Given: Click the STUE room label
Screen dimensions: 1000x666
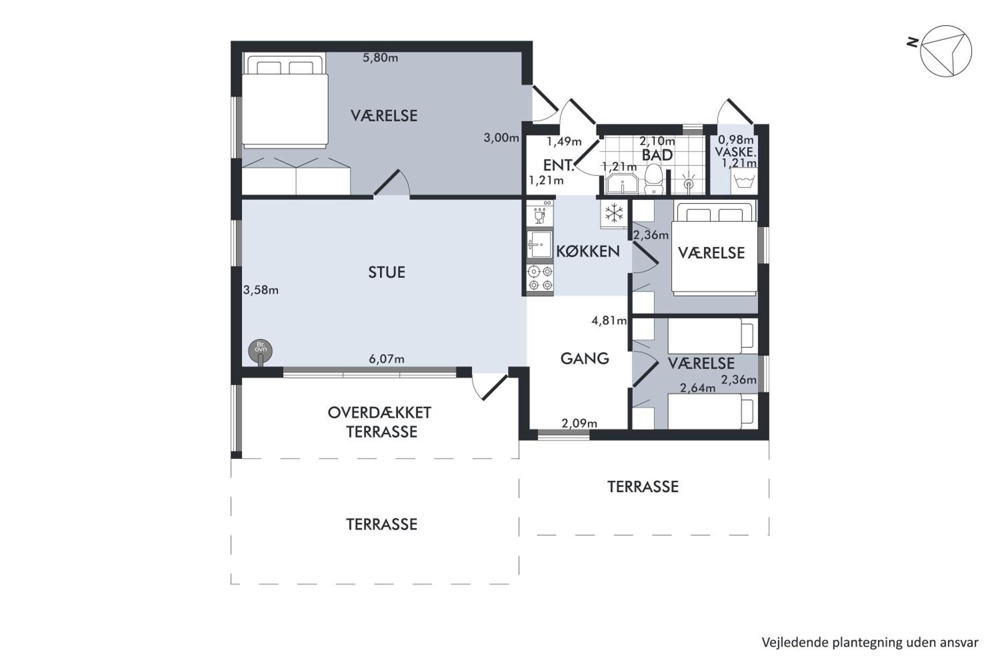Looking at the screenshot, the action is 386,272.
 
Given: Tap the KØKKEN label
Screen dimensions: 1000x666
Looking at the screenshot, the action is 588,252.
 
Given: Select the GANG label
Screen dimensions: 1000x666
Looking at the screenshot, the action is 585,359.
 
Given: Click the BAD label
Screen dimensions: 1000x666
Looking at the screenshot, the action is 657,155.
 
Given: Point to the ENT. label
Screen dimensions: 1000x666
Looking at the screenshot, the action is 559,165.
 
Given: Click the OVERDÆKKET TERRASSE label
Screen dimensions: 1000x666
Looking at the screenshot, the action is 380,422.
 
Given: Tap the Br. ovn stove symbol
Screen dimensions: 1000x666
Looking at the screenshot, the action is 260,351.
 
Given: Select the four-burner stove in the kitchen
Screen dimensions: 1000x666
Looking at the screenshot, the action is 540,278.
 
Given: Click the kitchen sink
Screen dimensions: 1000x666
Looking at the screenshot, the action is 540,244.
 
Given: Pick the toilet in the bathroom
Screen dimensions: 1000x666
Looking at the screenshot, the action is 653,180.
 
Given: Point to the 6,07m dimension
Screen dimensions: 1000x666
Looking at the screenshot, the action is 386,359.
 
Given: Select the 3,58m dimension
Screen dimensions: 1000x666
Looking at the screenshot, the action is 261,290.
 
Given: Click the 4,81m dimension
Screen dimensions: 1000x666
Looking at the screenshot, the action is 609,321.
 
